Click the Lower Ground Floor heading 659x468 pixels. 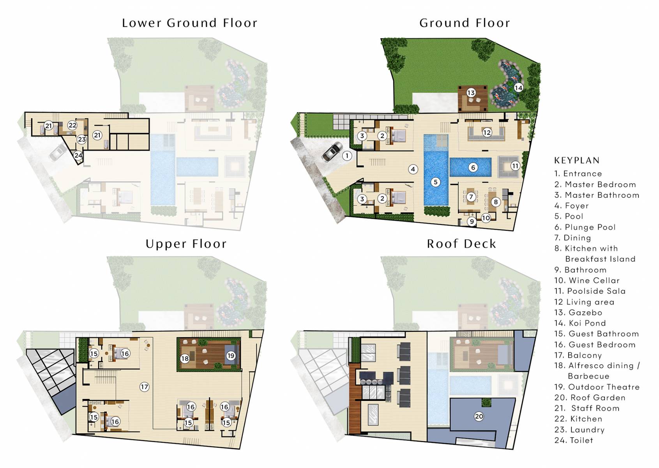189,23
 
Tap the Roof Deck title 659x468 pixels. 461,244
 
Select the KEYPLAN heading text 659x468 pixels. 577,160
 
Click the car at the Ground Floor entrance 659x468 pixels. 332,152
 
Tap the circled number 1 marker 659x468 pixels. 347,156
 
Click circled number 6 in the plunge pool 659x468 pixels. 473,167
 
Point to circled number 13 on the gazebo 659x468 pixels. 471,92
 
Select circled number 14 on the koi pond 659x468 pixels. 518,88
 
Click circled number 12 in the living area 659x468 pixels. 487,132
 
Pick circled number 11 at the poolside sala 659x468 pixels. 515,166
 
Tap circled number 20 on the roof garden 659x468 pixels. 479,416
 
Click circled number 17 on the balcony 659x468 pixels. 144,386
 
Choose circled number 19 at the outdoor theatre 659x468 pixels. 231,355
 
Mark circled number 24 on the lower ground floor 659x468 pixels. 78,155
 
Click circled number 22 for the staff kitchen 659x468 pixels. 72,125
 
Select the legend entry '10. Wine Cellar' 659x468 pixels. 587,280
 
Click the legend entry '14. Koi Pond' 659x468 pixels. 580,323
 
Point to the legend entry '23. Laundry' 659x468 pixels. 579,430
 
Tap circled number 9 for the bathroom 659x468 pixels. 472,222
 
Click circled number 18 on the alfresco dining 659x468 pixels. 185,358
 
